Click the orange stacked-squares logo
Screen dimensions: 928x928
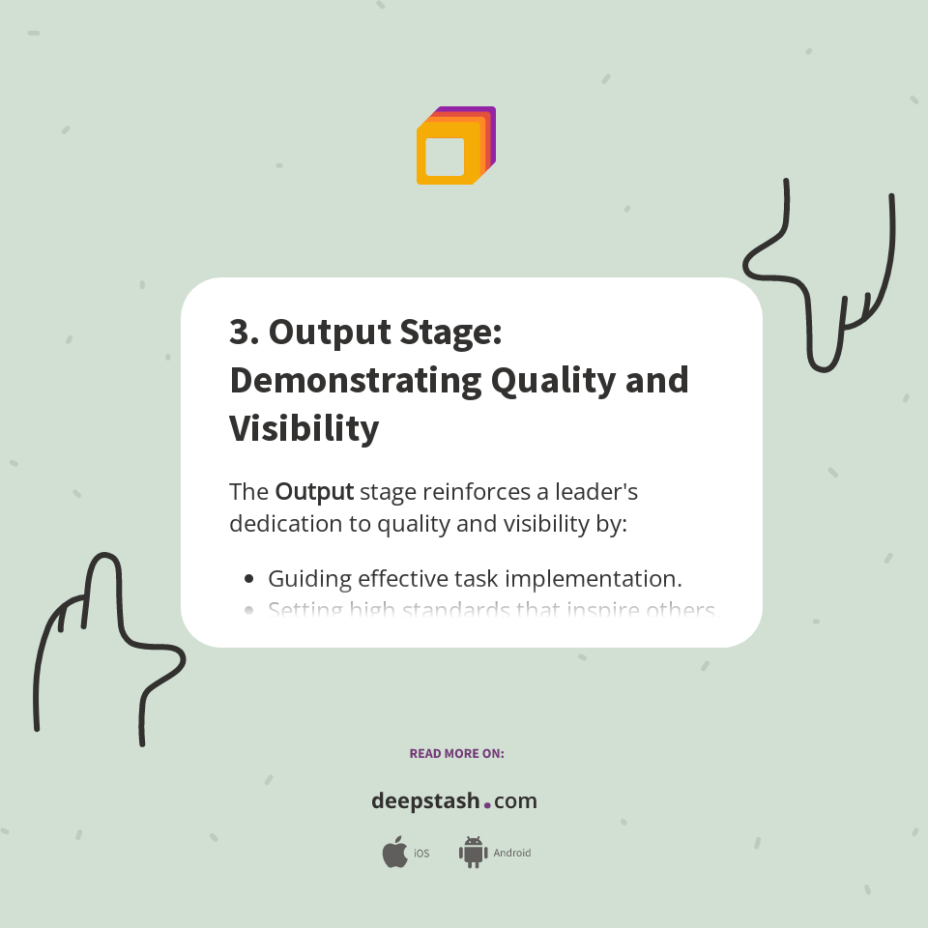point(454,146)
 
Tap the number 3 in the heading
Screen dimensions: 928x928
point(240,332)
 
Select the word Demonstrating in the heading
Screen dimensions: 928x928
point(355,380)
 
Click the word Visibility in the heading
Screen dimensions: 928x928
point(304,428)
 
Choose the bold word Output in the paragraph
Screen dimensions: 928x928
point(314,491)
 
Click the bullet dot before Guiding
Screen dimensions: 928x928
point(249,579)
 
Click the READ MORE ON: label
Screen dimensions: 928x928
point(456,753)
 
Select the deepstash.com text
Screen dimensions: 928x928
point(454,801)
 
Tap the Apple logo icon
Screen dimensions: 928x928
point(394,853)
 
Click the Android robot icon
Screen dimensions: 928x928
point(473,853)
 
